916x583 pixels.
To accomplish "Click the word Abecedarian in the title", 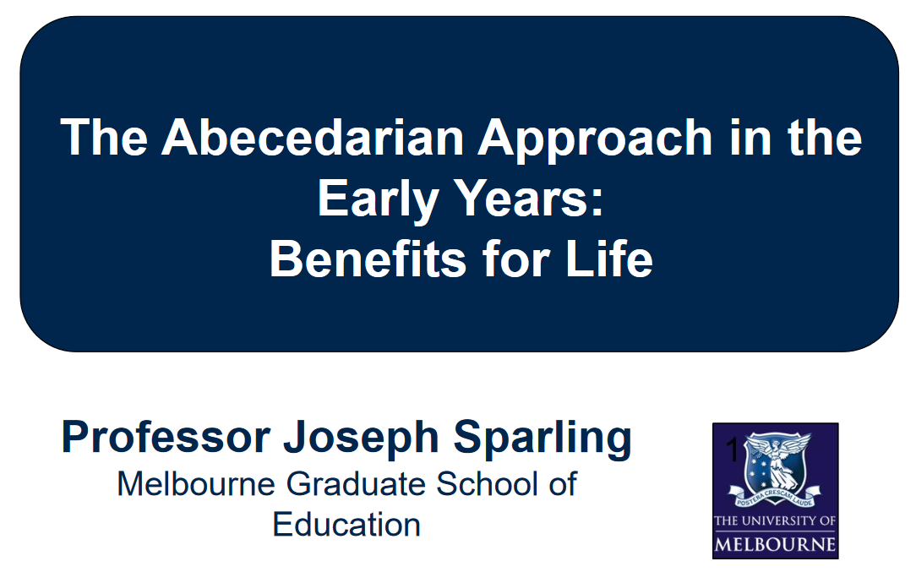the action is (x=314, y=138).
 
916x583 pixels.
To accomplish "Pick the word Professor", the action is (x=166, y=436).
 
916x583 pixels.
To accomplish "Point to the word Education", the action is (x=346, y=524).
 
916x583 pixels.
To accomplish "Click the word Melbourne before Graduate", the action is (x=196, y=483).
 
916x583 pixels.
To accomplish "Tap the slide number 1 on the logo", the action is (x=733, y=450).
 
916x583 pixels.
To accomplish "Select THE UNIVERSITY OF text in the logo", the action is (x=775, y=520).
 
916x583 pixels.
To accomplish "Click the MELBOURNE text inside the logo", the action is (x=775, y=544).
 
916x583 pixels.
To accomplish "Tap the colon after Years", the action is (x=597, y=204).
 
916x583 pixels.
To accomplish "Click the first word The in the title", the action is (x=104, y=138).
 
